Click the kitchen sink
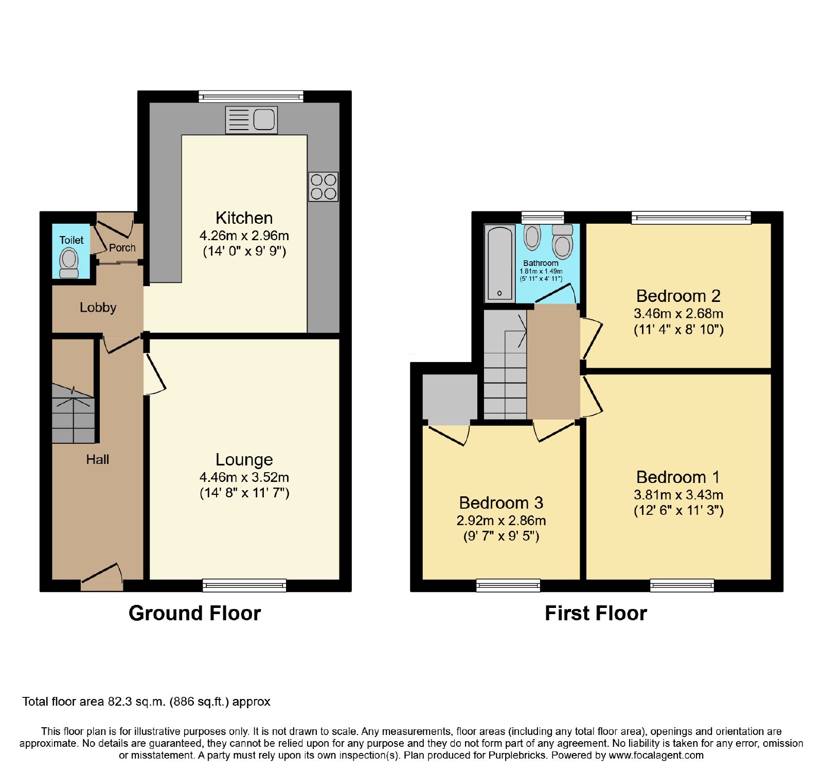252,120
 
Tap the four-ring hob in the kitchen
324,187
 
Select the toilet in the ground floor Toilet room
69,263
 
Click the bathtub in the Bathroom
499,263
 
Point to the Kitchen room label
244,218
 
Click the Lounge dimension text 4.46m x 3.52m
244,477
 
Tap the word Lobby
98,308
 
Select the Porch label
122,247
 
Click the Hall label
98,459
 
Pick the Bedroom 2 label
678,296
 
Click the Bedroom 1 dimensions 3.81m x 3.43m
678,495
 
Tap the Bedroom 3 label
501,502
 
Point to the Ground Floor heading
195,613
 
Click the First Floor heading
596,613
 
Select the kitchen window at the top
251,96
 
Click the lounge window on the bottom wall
244,585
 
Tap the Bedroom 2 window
691,218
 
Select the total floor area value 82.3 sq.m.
137,702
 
